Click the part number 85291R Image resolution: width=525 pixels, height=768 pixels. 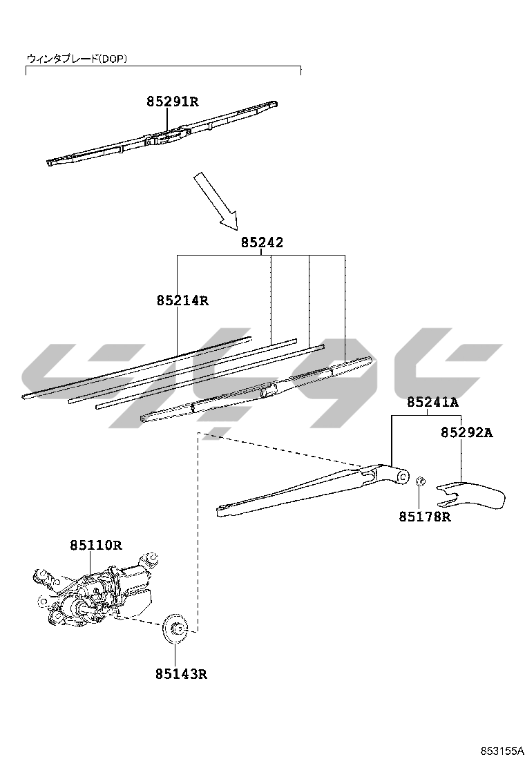[x=172, y=102]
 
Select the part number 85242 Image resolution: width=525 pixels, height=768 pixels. [x=262, y=242]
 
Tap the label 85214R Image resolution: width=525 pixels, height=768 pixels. [x=182, y=300]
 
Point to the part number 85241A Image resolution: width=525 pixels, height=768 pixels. [x=432, y=402]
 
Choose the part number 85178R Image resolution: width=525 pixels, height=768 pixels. [x=424, y=516]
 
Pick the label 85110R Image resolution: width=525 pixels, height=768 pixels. [x=95, y=545]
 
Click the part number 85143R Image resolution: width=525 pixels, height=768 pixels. [x=181, y=673]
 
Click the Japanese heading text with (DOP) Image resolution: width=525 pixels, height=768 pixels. [x=77, y=59]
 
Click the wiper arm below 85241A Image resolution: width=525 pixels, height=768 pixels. [x=304, y=492]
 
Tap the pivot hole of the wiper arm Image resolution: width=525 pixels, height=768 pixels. [x=403, y=474]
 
